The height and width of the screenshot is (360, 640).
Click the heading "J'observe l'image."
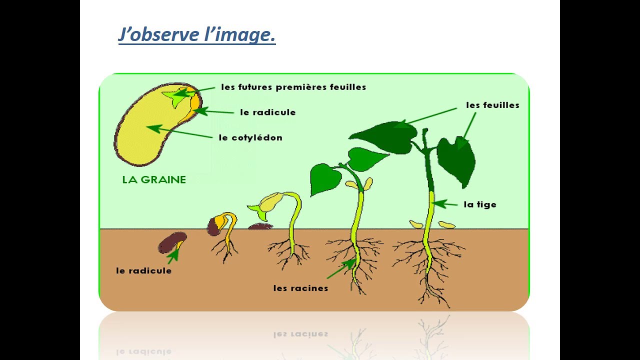point(197,35)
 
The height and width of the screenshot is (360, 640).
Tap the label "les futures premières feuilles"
point(293,87)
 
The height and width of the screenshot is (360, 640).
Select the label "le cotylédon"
point(250,137)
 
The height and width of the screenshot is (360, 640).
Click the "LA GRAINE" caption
point(154,180)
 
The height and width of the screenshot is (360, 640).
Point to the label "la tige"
point(480,204)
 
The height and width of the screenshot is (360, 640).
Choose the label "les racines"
point(300,288)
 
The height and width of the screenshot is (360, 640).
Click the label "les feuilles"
point(492,105)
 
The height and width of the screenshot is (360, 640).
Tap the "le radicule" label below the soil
point(143,270)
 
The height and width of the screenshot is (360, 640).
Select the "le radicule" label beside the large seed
point(267,112)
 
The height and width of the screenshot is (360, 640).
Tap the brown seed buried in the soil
point(172,242)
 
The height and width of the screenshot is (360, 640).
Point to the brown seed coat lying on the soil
point(260,226)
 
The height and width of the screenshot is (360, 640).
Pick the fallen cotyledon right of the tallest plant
point(446,225)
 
